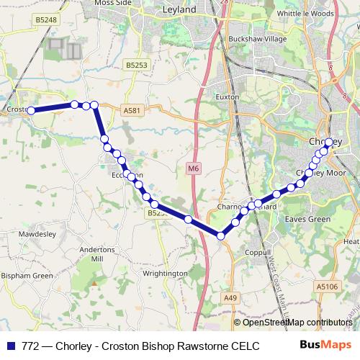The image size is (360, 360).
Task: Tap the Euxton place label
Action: [227, 96]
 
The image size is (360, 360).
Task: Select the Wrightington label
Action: [165, 274]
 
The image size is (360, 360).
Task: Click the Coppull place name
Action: [257, 253]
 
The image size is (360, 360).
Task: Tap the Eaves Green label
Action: [307, 219]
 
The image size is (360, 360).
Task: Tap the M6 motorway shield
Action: [192, 168]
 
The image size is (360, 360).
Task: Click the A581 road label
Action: [130, 110]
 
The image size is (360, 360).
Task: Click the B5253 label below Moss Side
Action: [135, 65]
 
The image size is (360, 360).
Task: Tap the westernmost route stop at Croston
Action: [31, 110]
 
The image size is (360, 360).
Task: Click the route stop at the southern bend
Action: [221, 235]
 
